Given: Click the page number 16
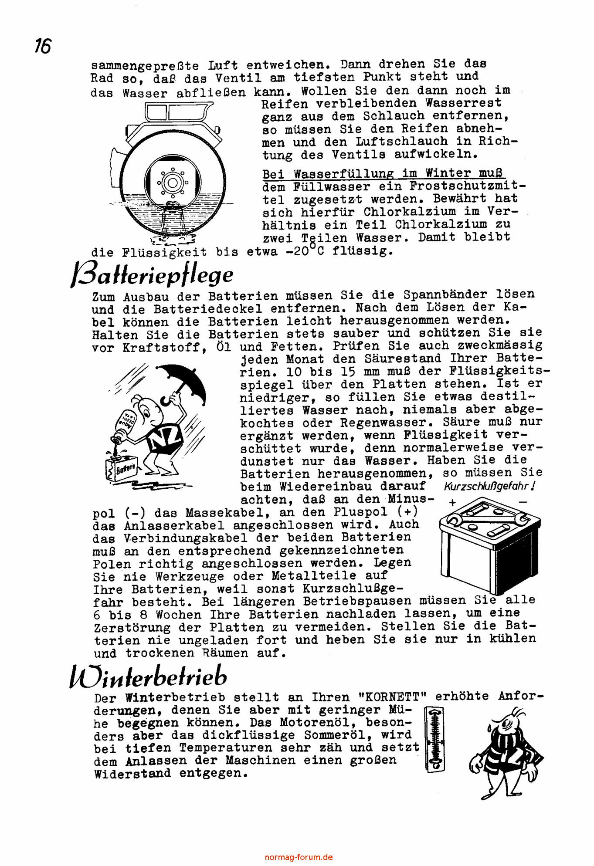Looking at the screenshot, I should [43, 46].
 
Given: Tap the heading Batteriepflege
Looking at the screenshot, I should [152, 275].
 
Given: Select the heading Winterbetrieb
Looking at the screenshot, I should [149, 677].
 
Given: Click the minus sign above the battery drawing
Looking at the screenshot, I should [523, 502].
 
